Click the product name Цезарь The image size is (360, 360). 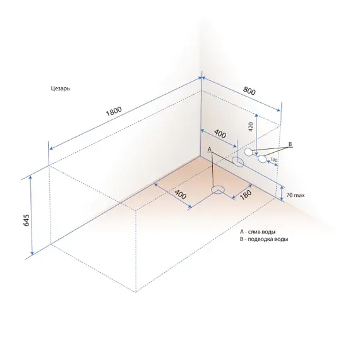(x=61, y=88)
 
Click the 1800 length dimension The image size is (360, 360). (x=114, y=111)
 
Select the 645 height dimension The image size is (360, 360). (x=27, y=220)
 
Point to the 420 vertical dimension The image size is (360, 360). (x=251, y=127)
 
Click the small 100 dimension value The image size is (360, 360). (x=273, y=160)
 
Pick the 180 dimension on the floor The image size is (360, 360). (x=246, y=195)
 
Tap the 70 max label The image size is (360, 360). (x=296, y=195)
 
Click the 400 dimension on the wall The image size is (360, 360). (x=220, y=134)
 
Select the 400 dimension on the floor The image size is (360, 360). (x=180, y=195)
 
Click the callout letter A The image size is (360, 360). (x=209, y=149)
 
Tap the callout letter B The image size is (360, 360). (x=290, y=144)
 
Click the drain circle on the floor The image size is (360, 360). (x=218, y=189)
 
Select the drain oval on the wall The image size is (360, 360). (x=237, y=162)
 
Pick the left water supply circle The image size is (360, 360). (x=248, y=152)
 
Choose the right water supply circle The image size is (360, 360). (x=262, y=159)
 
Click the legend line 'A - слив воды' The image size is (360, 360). (x=258, y=232)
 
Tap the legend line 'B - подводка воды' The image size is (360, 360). (x=264, y=239)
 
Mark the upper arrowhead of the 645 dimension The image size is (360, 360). (x=30, y=177)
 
